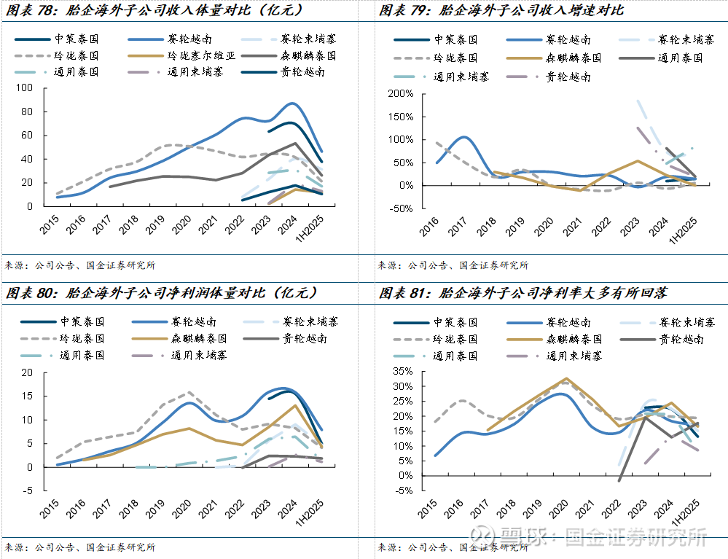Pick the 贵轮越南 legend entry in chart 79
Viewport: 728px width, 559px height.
[568, 76]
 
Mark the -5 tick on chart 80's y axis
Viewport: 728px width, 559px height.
[27, 490]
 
